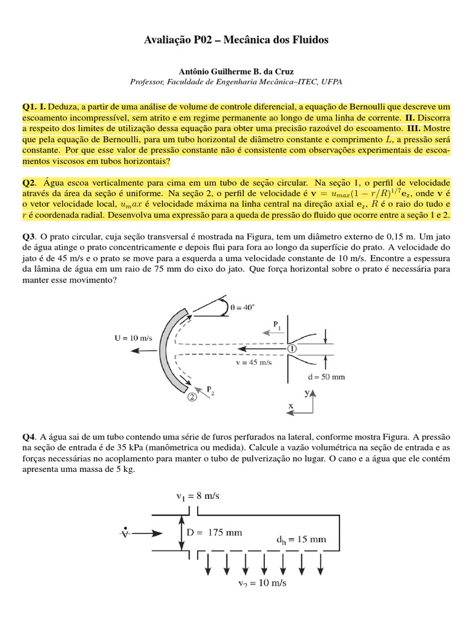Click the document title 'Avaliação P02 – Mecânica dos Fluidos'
click(236, 40)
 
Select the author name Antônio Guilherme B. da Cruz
click(236, 71)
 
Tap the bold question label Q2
click(30, 183)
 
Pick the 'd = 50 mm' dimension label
click(326, 377)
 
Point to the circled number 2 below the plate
click(192, 397)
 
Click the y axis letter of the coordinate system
click(307, 392)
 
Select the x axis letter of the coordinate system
click(291, 407)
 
